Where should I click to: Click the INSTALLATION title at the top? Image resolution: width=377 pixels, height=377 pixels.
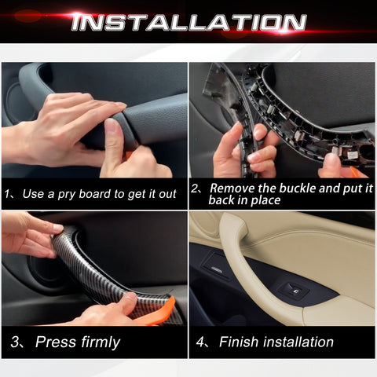point(188,21)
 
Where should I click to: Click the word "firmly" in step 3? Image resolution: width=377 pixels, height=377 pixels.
point(98,342)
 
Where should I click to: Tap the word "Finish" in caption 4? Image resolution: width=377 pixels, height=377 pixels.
point(239,342)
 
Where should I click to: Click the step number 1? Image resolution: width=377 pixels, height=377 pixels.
point(7,194)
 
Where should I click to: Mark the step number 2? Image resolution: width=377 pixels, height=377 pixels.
point(196,188)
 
